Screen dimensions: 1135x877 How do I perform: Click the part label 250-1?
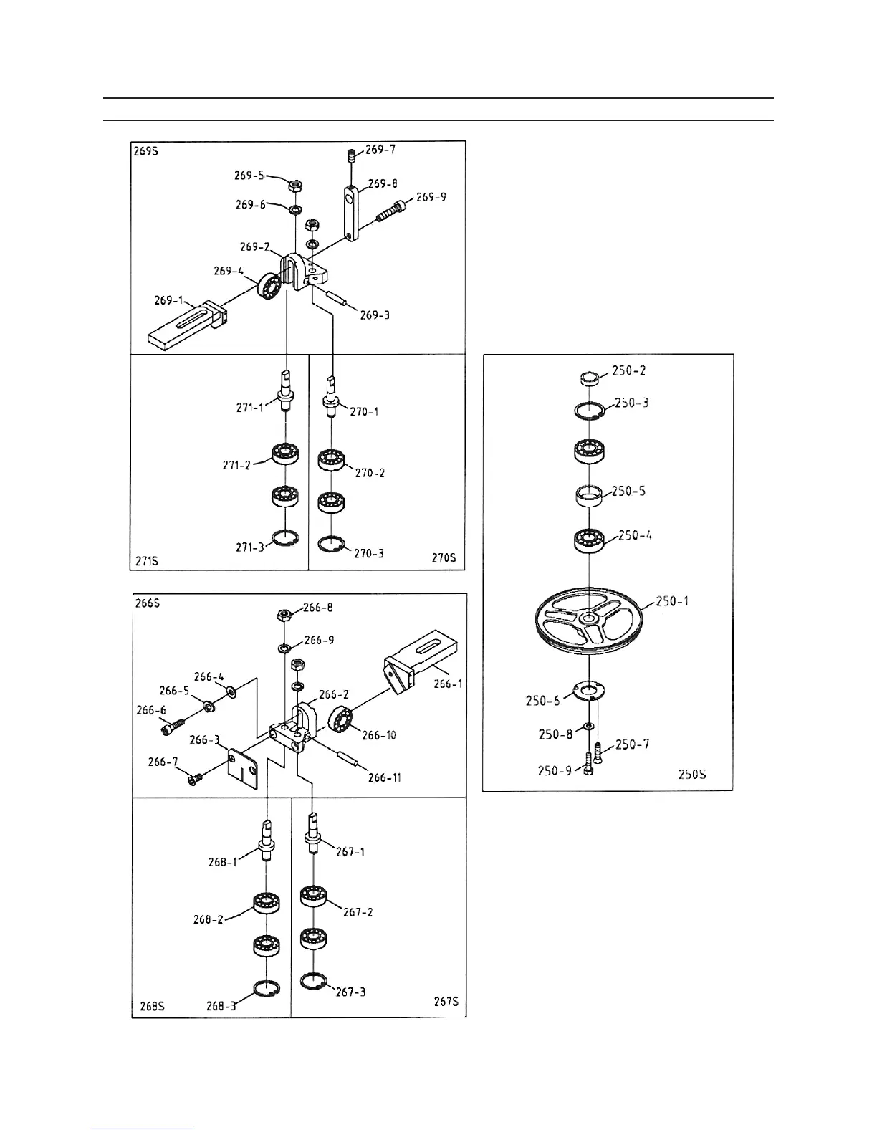coord(672,600)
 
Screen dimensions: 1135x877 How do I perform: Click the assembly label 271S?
coord(146,560)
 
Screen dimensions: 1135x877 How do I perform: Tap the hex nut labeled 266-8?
coord(284,615)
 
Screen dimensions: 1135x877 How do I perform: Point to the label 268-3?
coord(221,1006)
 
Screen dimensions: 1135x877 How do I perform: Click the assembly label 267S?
coord(446,1001)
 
